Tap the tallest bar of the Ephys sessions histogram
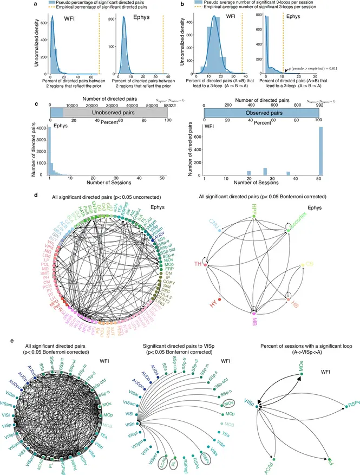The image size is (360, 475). tap(50, 151)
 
